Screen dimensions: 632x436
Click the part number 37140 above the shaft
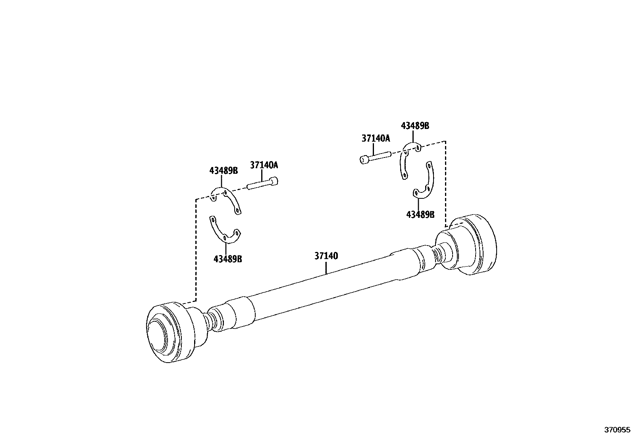click(326, 256)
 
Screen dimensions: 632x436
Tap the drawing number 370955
click(617, 430)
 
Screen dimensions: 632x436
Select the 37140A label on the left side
click(264, 165)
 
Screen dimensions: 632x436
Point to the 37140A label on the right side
click(376, 138)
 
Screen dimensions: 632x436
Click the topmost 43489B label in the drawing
click(415, 126)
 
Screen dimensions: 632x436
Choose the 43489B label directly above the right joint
click(420, 215)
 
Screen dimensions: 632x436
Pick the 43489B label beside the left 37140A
click(224, 171)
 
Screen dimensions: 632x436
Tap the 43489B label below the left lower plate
click(227, 259)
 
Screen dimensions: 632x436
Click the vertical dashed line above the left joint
click(196, 250)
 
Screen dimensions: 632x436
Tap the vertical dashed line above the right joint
click(446, 182)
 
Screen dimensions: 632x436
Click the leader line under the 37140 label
click(326, 268)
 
